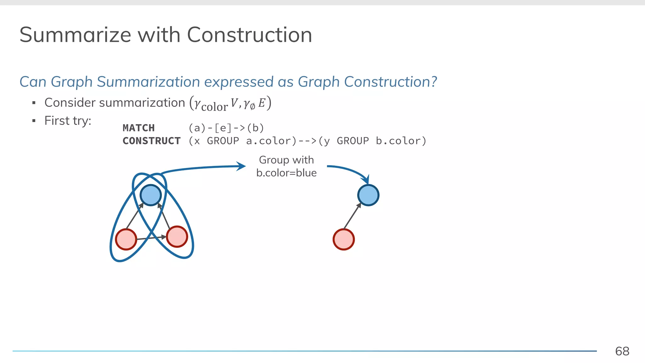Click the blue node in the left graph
[x=151, y=195]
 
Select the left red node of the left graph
[x=126, y=239]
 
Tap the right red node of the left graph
[x=177, y=237]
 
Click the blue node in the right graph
[x=368, y=195]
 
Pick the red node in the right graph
[x=344, y=239]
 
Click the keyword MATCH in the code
[x=139, y=128]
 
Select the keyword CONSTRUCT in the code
[x=151, y=141]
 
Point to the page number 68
[x=622, y=351]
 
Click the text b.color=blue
[x=286, y=173]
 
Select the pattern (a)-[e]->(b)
[x=226, y=128]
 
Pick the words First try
[x=67, y=121]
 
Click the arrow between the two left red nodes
[x=151, y=238]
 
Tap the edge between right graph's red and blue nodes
[x=352, y=216]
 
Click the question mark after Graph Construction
[x=434, y=82]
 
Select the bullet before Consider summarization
[x=34, y=103]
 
